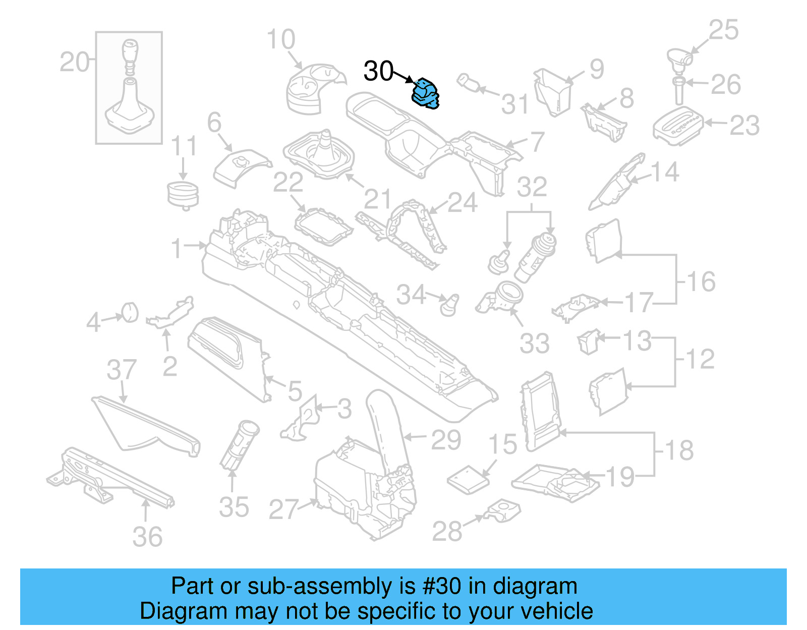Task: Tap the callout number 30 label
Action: pyautogui.click(x=378, y=71)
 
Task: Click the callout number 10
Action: pyautogui.click(x=281, y=39)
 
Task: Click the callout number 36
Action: pyautogui.click(x=147, y=537)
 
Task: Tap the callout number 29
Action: pyautogui.click(x=446, y=440)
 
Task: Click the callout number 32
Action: pyautogui.click(x=532, y=187)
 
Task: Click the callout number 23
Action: pyautogui.click(x=744, y=125)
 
